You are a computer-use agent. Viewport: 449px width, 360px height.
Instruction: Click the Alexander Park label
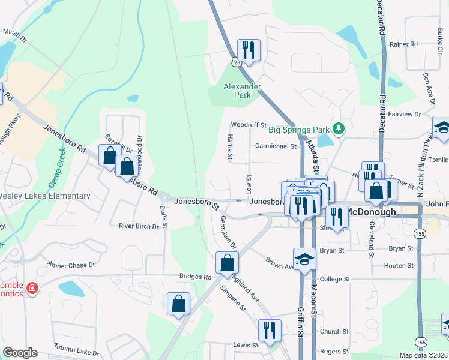pyautogui.click(x=242, y=91)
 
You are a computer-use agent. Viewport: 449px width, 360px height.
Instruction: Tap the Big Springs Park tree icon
pyautogui.click(x=339, y=128)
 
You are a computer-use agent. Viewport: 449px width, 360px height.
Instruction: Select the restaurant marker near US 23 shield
pyautogui.click(x=247, y=50)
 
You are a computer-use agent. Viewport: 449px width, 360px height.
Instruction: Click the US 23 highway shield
pyautogui.click(x=238, y=61)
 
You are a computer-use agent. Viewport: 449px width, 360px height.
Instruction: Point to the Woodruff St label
pyautogui.click(x=249, y=125)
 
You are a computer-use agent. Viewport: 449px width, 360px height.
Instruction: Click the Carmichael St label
pyautogui.click(x=276, y=146)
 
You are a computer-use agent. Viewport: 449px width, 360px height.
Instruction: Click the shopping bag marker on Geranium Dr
pyautogui.click(x=228, y=262)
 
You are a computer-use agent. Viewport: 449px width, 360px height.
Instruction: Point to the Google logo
pyautogui.click(x=20, y=352)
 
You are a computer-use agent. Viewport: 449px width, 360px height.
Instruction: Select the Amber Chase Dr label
pyautogui.click(x=71, y=265)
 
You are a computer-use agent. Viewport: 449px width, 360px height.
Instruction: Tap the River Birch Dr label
pyautogui.click(x=139, y=226)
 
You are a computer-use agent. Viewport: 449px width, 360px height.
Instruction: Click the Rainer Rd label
pyautogui.click(x=403, y=44)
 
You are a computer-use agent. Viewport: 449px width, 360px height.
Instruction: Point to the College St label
pyautogui.click(x=335, y=279)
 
